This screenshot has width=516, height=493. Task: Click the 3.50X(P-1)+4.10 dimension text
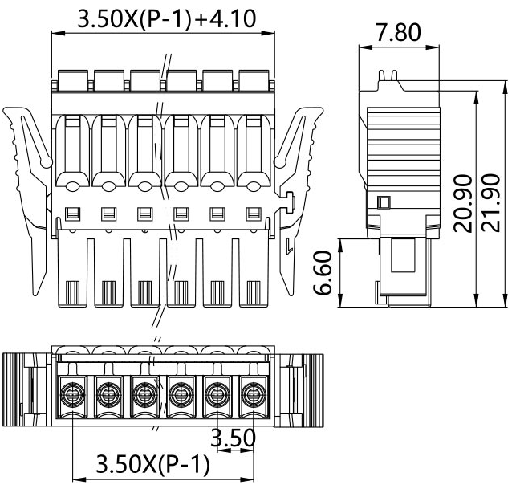point(167,18)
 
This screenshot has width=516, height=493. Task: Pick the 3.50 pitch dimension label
point(233,438)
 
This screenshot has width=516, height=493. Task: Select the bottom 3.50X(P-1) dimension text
point(152,465)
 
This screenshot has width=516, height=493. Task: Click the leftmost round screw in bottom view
point(71,394)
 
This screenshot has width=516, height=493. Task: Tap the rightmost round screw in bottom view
point(254,394)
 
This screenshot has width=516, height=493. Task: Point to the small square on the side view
point(384,202)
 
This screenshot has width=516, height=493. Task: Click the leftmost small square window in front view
point(71,214)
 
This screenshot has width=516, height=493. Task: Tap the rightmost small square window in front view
point(254,214)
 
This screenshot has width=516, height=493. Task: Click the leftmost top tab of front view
point(71,79)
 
